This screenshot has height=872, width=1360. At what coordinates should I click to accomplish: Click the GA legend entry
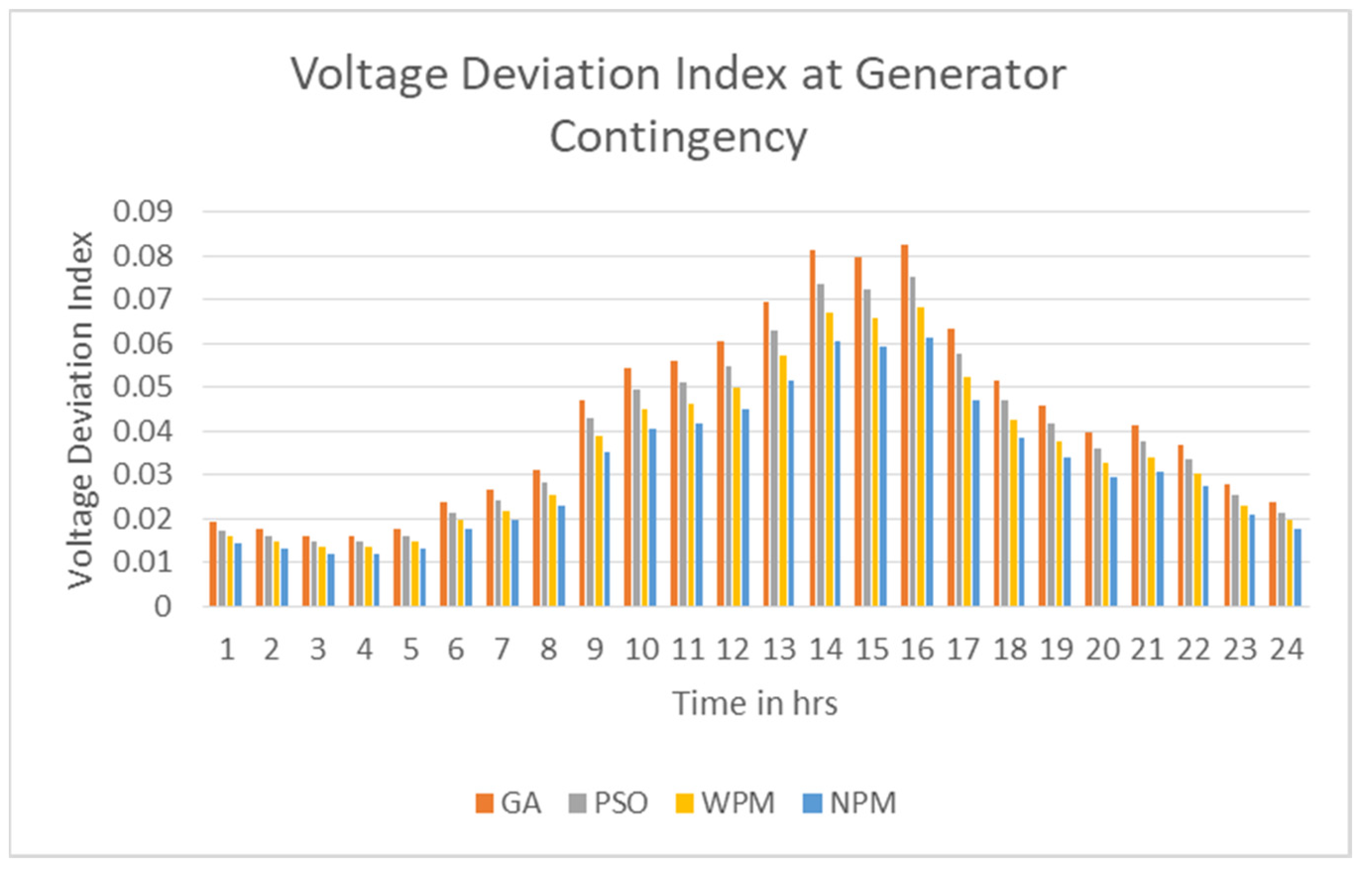[x=509, y=803]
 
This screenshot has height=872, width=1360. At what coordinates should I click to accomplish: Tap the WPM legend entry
[x=726, y=803]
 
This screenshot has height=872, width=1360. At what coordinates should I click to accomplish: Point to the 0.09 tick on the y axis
[x=143, y=212]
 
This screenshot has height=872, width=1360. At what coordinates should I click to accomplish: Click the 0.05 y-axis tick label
[x=143, y=388]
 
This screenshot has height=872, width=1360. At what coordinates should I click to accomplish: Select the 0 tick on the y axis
[x=163, y=607]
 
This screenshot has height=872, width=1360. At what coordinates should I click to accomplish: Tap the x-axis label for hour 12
[x=734, y=649]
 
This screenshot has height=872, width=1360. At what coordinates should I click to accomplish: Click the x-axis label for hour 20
[x=1102, y=649]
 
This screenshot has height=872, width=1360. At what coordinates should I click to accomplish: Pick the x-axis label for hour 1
[x=227, y=649]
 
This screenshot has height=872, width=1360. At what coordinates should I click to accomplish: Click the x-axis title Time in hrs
[x=755, y=704]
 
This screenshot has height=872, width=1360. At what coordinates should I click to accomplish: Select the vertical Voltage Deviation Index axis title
[x=81, y=410]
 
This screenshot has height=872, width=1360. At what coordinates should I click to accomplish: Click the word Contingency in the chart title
[x=679, y=138]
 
